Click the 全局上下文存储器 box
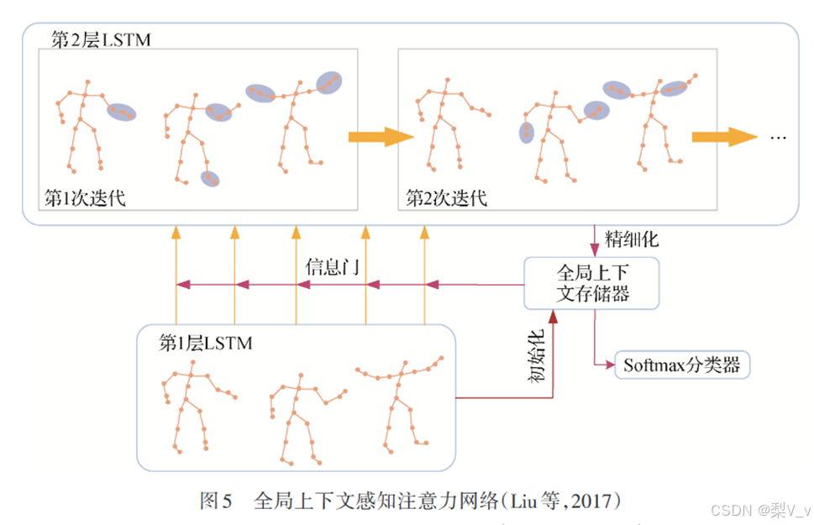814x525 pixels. click(591, 283)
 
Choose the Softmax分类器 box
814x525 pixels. click(681, 365)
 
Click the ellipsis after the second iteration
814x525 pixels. click(778, 137)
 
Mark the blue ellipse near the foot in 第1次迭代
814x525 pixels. click(210, 177)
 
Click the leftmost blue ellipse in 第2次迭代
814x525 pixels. click(527, 133)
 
